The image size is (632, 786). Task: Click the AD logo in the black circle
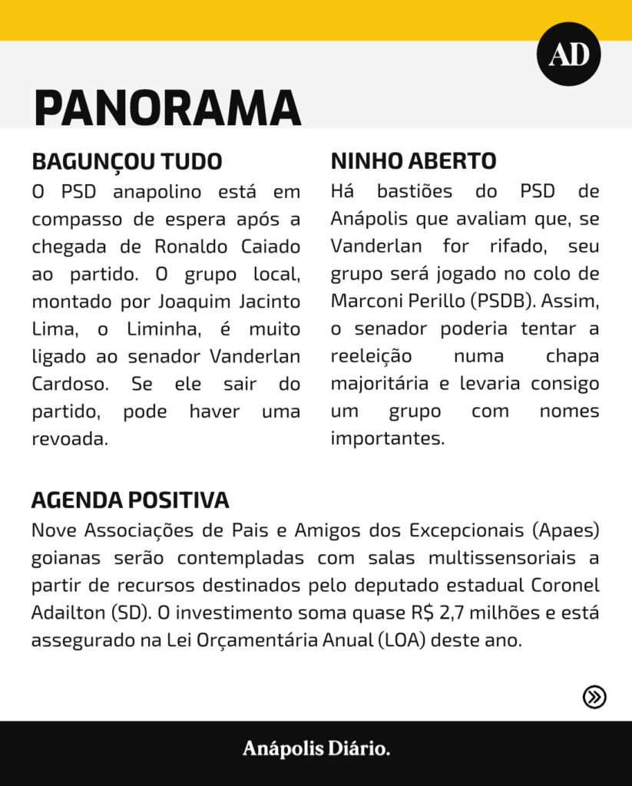tap(568, 54)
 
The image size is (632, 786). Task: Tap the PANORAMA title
tap(167, 107)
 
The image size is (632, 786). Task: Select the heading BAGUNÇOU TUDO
tap(127, 162)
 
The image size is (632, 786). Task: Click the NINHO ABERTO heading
tap(413, 162)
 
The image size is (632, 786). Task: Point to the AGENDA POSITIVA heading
tap(130, 500)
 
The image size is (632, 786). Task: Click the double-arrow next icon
tap(594, 696)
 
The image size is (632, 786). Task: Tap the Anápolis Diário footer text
tap(316, 748)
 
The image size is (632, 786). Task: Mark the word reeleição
tap(371, 356)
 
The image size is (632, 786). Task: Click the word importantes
tap(387, 439)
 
